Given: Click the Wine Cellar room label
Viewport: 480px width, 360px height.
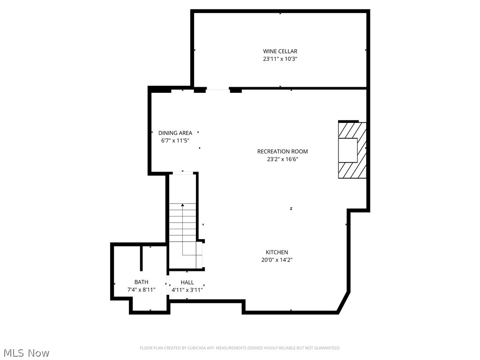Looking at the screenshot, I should pyautogui.click(x=280, y=51).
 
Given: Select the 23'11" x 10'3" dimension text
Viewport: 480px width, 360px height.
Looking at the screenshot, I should pyautogui.click(x=280, y=59).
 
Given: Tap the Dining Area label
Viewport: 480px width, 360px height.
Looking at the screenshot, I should pyautogui.click(x=175, y=133).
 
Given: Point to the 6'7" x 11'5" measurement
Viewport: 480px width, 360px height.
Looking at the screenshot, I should pyautogui.click(x=175, y=141).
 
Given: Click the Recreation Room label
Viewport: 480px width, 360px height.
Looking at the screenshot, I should pyautogui.click(x=282, y=151).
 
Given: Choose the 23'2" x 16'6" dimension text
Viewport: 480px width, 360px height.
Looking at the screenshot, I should pyautogui.click(x=282, y=159).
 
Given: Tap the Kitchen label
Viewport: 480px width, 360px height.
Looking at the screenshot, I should pyautogui.click(x=277, y=252).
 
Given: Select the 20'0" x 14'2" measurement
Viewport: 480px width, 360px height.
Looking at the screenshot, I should pyautogui.click(x=277, y=260).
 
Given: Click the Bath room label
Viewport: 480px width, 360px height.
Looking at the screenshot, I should pyautogui.click(x=141, y=282).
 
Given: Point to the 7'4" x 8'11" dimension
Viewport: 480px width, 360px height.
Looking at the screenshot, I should pyautogui.click(x=141, y=290).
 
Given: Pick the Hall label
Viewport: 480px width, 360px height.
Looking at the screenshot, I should pyautogui.click(x=187, y=282).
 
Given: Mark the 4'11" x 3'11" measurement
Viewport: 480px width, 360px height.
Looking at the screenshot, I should pyautogui.click(x=187, y=290).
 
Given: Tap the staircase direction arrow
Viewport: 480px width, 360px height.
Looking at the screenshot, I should pyautogui.click(x=182, y=205).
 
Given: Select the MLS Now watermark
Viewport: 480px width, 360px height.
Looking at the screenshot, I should pyautogui.click(x=26, y=352).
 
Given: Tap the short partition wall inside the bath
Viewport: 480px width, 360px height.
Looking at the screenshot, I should pyautogui.click(x=141, y=257).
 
